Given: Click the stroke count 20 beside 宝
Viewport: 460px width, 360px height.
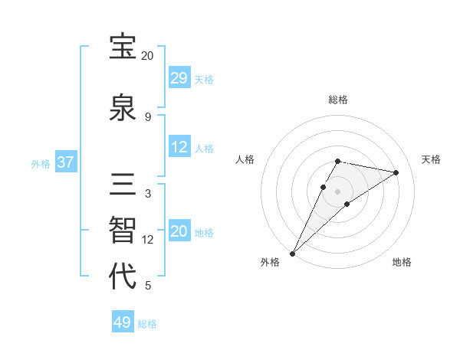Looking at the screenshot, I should click(x=147, y=56).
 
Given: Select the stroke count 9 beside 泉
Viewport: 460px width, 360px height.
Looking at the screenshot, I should click(x=147, y=117).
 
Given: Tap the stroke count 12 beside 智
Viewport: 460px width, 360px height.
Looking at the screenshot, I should click(x=148, y=240).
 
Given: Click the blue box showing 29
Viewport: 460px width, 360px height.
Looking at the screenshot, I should click(x=179, y=78).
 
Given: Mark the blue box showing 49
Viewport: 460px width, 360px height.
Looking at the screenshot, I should click(x=123, y=322).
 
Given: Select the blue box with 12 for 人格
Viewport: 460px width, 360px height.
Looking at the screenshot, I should click(x=179, y=147).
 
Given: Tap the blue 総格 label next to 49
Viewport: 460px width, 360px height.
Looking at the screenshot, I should click(x=147, y=324).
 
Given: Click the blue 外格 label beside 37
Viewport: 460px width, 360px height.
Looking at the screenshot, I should click(x=41, y=163).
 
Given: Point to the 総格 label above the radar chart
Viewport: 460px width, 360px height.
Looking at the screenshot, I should click(x=338, y=100).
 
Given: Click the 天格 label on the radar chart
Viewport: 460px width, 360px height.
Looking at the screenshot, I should click(x=431, y=159).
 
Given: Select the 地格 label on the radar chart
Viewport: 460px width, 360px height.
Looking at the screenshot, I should click(x=402, y=263).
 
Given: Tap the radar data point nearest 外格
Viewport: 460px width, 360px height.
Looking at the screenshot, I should click(x=292, y=253).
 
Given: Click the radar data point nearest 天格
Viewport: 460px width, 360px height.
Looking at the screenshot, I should click(x=396, y=173).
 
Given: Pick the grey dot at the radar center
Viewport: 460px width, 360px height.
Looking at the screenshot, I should click(x=338, y=191).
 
